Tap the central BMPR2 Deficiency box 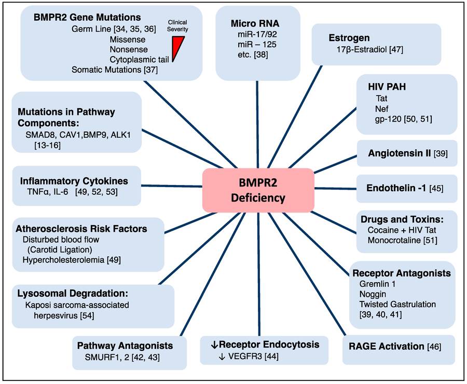tap(258, 190)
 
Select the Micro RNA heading tap(255, 23)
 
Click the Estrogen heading tap(349, 38)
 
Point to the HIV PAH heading tap(387, 87)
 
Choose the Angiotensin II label tap(400, 153)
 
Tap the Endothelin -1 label tap(396, 188)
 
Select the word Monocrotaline tap(394, 240)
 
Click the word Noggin tap(373, 294)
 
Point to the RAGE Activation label tap(386, 347)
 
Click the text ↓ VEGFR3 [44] tap(249, 356)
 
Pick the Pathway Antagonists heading tap(125, 346)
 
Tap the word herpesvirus tap(56, 315)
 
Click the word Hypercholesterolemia tap(63, 260)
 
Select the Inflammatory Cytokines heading tap(74, 181)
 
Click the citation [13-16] tap(48, 145)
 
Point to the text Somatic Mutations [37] tap(115, 70)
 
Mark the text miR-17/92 tap(257, 34)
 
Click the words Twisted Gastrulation tap(397, 304)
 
